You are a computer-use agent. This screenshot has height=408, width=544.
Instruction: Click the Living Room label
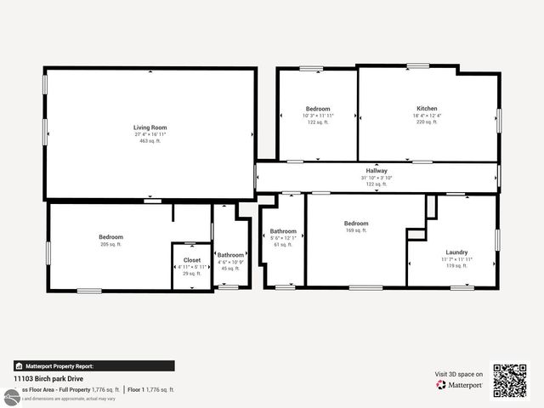tap(150, 127)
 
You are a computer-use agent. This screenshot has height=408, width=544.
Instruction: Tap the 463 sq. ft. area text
tap(150, 140)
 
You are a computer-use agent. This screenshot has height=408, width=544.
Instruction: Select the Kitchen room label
tap(427, 109)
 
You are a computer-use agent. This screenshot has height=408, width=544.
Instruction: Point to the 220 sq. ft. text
tap(427, 122)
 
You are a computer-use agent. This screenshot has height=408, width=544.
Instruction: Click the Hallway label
tap(377, 170)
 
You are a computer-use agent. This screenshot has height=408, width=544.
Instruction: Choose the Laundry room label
tap(456, 252)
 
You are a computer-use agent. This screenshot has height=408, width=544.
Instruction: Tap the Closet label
tap(192, 260)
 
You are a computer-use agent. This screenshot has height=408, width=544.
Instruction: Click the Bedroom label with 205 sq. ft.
tap(110, 237)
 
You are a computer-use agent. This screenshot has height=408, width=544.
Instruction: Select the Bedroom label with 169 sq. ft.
tap(355, 224)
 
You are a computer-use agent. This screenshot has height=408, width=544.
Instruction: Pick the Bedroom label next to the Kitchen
tap(318, 109)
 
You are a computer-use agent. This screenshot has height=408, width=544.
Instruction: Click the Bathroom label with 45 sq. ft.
tap(230, 254)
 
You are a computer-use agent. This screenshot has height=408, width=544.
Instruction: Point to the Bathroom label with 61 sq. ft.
tap(283, 231)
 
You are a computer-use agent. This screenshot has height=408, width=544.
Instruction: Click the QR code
tap(510, 380)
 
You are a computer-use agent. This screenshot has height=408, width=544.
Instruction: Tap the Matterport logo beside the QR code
tap(459, 385)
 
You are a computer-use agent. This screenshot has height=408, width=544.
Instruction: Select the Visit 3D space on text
tap(459, 374)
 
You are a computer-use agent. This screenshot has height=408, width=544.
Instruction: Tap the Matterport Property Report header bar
tap(93, 365)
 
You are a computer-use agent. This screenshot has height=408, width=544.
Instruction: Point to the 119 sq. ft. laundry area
tap(456, 266)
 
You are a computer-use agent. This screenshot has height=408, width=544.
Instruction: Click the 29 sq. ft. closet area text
tap(192, 273)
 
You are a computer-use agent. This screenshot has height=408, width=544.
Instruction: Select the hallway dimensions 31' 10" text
tap(377, 177)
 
